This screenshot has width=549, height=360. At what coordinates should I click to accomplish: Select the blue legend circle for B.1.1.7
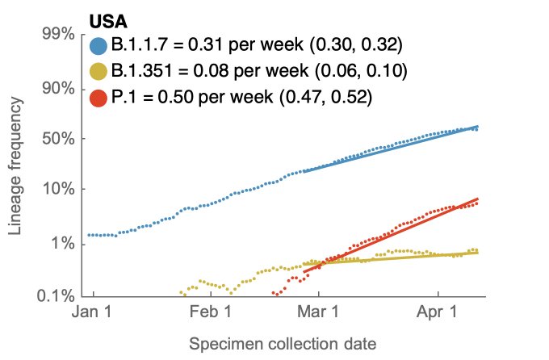[99, 45]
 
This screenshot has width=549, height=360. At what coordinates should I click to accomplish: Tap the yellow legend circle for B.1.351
[99, 72]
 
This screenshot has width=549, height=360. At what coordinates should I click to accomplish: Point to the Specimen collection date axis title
[282, 344]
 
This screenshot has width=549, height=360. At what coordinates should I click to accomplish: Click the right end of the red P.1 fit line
[479, 199]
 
